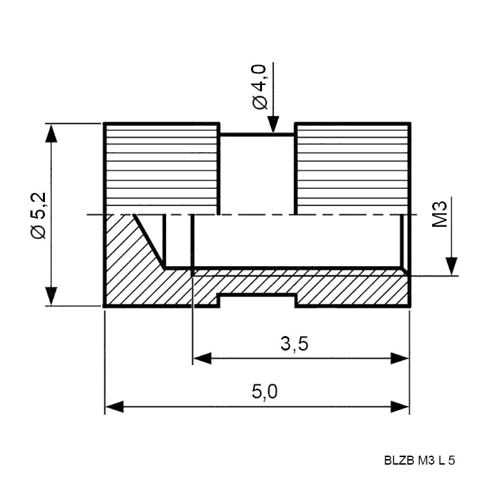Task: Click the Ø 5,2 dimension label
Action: point(39,216)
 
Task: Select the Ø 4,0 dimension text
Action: point(259,86)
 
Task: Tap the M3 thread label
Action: point(440,214)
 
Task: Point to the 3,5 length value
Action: point(294,344)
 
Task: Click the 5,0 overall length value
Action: point(265,392)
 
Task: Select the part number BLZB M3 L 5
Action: point(420,460)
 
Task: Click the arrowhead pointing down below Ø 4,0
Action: point(273,124)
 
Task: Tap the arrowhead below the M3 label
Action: point(452,266)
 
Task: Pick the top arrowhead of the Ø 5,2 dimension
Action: point(51,133)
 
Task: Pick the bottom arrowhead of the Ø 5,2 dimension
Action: point(51,296)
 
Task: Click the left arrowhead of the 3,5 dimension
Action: point(202,359)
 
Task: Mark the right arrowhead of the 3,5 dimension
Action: point(400,359)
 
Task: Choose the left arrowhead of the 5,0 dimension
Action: point(115,407)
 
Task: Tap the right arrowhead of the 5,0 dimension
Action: point(400,407)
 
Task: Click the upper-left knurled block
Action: point(161,169)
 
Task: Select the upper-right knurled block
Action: point(353,169)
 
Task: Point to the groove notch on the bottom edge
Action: point(257,295)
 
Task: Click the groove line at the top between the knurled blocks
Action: point(257,134)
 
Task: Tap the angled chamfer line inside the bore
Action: point(149,241)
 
